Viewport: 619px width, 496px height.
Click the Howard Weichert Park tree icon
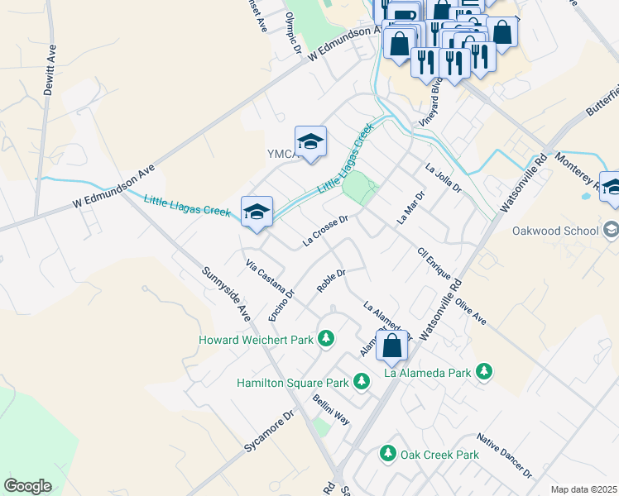(x=327, y=339)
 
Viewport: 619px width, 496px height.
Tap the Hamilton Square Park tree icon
(x=361, y=382)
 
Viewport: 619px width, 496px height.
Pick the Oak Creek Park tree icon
(x=387, y=454)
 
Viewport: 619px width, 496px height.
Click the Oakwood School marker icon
(x=611, y=229)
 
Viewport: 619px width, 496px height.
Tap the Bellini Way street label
(x=331, y=409)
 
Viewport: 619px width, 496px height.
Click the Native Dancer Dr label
(x=505, y=455)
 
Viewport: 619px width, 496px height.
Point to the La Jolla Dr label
(x=443, y=179)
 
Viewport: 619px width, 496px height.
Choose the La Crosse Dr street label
(x=329, y=231)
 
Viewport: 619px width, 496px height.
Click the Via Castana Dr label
(x=271, y=278)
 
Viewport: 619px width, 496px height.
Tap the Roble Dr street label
(x=330, y=280)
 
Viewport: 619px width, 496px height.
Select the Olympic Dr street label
(x=291, y=33)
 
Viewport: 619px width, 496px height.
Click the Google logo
(x=27, y=486)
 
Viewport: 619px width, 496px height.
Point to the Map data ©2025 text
(x=583, y=489)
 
